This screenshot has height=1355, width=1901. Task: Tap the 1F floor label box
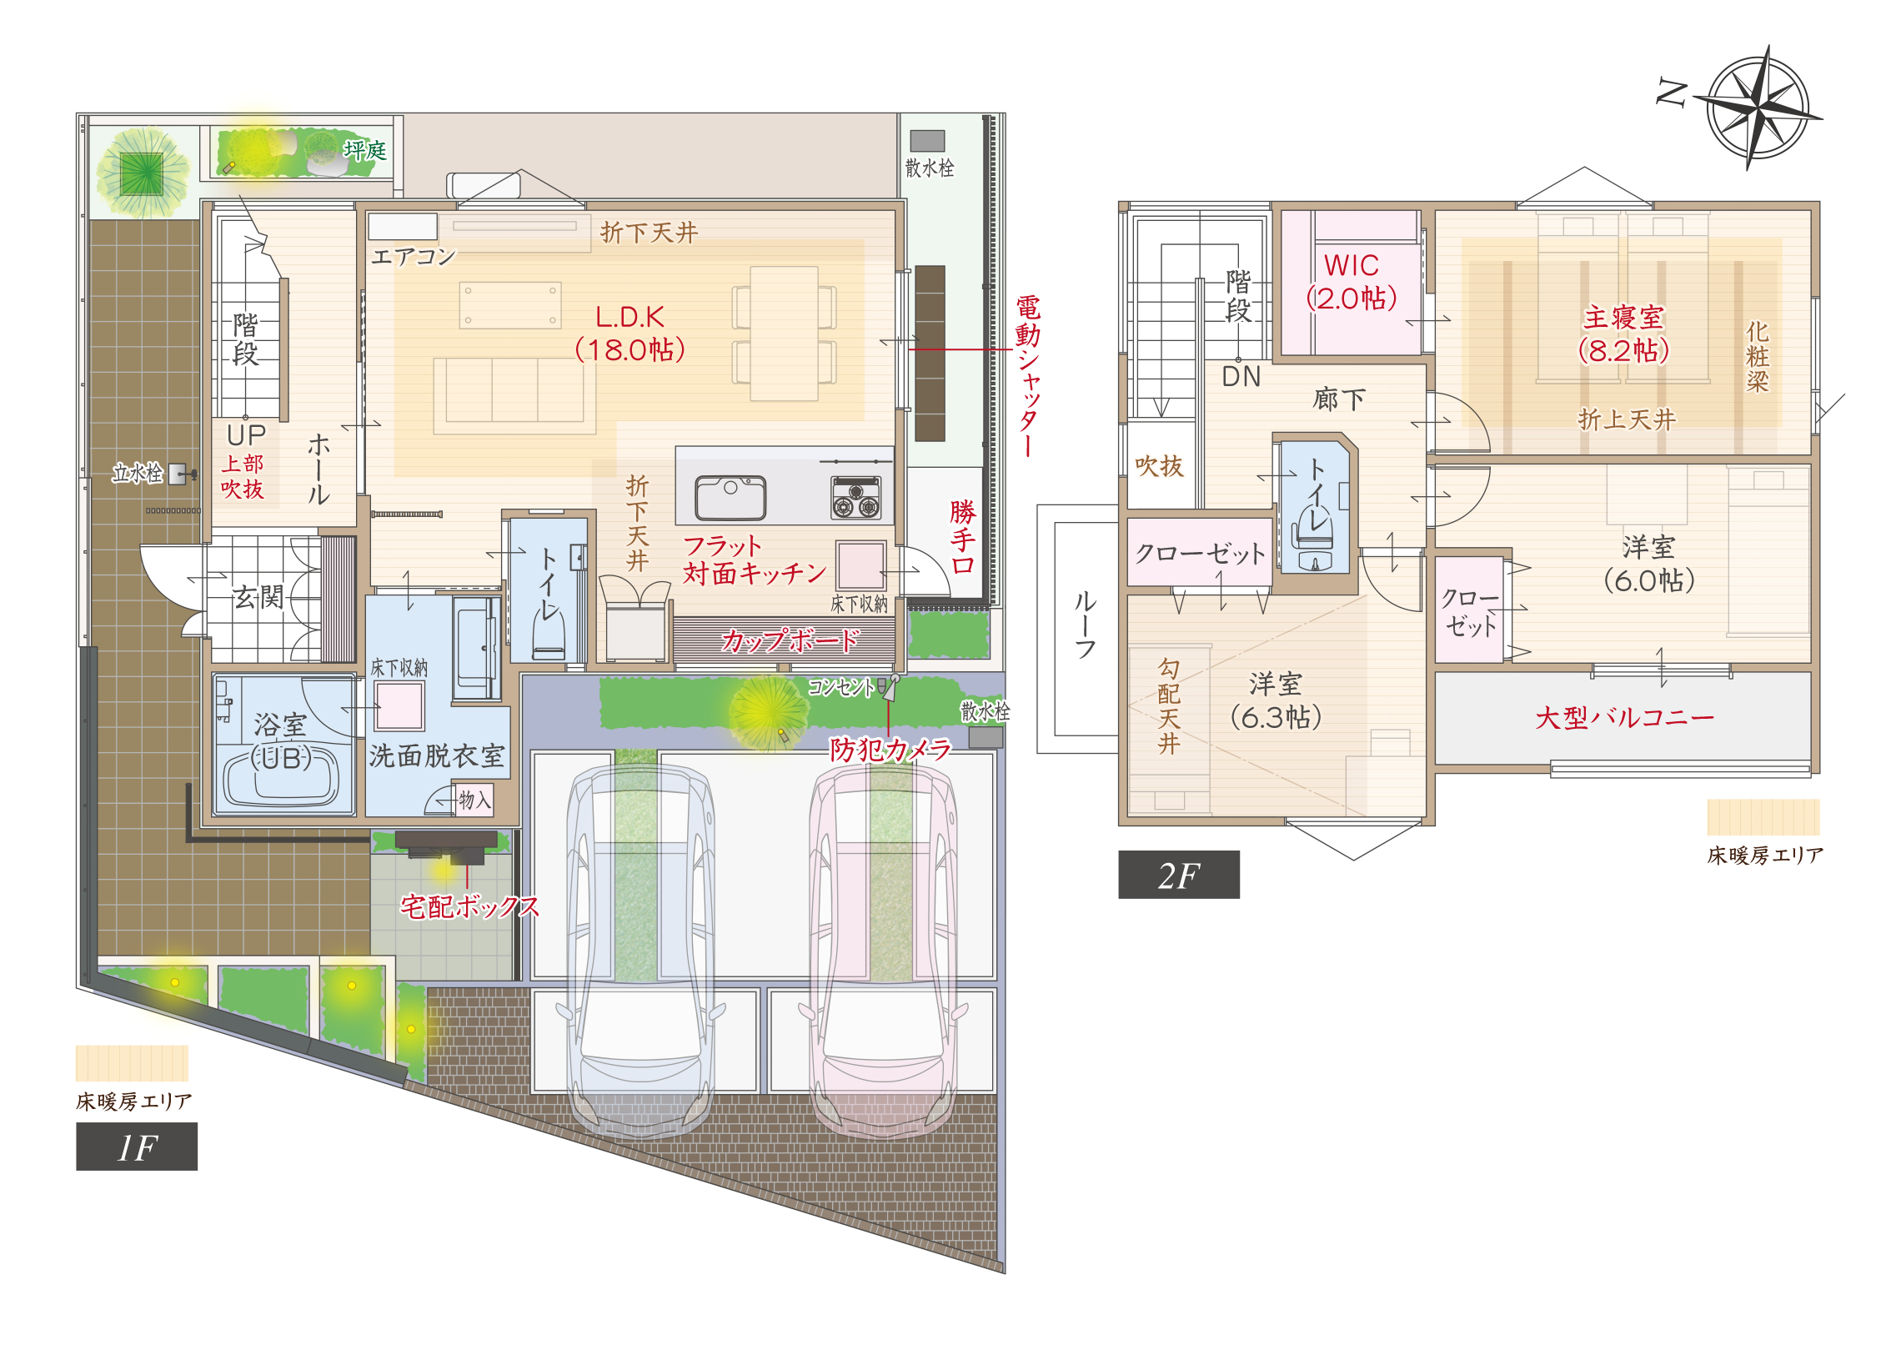tap(137, 1147)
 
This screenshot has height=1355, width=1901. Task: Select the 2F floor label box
tap(1178, 875)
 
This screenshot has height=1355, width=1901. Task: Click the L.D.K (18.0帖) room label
tap(630, 334)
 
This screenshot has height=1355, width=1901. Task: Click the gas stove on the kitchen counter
tap(855, 497)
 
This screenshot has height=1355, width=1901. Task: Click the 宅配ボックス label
tap(469, 906)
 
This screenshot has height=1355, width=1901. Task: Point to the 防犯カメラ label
tap(890, 750)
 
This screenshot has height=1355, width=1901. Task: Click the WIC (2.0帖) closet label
tap(1352, 282)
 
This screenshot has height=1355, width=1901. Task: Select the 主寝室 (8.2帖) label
tap(1623, 334)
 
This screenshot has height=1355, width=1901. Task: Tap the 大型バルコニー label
tap(1624, 718)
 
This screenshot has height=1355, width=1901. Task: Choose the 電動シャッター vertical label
tap(1029, 375)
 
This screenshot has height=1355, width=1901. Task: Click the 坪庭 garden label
tap(365, 150)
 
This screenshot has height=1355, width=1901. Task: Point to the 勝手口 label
tap(963, 537)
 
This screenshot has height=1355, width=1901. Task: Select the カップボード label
tap(790, 640)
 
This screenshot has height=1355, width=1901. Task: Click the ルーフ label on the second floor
tap(1086, 624)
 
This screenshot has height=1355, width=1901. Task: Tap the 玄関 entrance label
tap(258, 596)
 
